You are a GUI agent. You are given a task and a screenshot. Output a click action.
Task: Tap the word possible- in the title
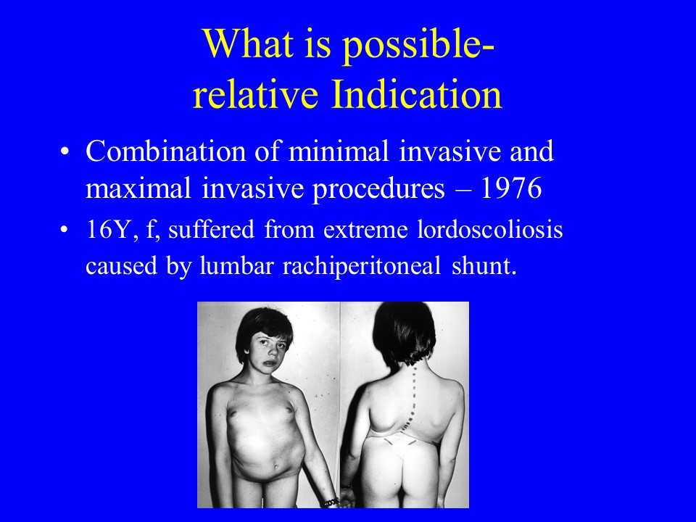click(x=418, y=46)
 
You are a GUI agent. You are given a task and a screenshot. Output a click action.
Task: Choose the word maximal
click(x=138, y=188)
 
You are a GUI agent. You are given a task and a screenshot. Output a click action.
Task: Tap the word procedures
click(x=378, y=189)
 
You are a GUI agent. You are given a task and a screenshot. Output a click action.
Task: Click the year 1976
click(x=511, y=188)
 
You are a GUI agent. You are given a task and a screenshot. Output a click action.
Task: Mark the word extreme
click(x=365, y=231)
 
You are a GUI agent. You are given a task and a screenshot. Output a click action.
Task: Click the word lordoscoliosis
click(x=490, y=230)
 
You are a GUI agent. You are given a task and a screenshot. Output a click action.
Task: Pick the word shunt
click(x=484, y=265)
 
